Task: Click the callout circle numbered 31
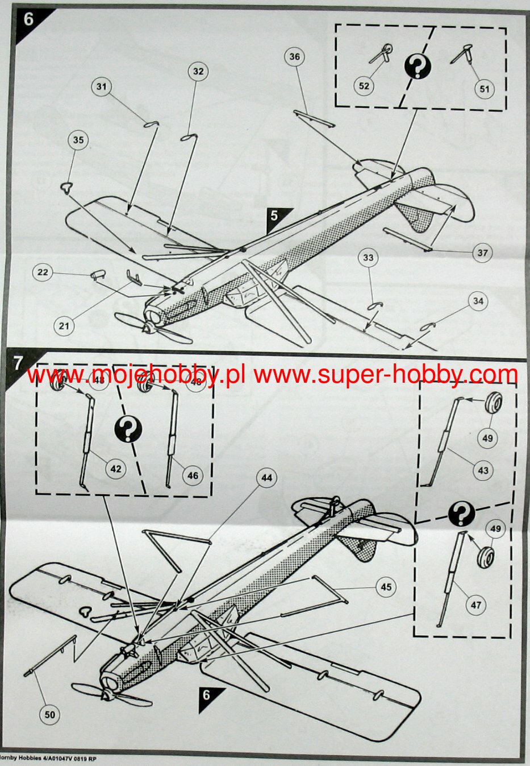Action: (102, 86)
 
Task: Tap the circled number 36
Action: (294, 57)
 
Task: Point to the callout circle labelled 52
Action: (364, 86)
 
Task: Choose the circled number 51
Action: (484, 89)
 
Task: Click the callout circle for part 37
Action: (482, 253)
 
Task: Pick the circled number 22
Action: (43, 272)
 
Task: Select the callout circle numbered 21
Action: (64, 325)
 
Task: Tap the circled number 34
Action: (478, 301)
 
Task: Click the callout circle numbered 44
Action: (266, 478)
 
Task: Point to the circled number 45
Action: (386, 587)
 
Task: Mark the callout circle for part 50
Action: (50, 714)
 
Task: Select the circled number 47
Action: (475, 606)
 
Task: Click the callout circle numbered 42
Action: (115, 469)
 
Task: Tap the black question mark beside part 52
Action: (418, 67)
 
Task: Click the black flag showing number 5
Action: (276, 217)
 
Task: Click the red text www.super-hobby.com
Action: (386, 375)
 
